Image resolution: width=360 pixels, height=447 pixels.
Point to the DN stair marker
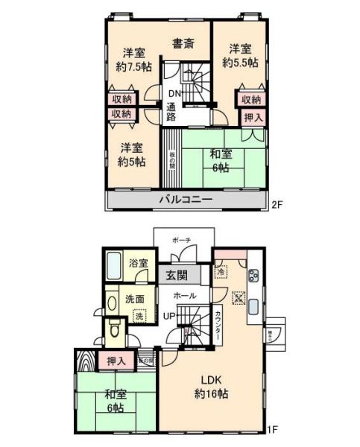click(174, 93)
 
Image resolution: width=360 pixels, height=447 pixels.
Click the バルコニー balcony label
click(185, 200)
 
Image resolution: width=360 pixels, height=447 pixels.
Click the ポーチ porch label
click(181, 240)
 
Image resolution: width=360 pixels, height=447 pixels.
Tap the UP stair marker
click(171, 316)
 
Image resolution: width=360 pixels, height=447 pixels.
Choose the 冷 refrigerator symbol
click(221, 273)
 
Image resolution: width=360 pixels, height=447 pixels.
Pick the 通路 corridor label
click(171, 112)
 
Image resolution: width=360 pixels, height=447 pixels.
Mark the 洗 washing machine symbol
click(138, 316)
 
